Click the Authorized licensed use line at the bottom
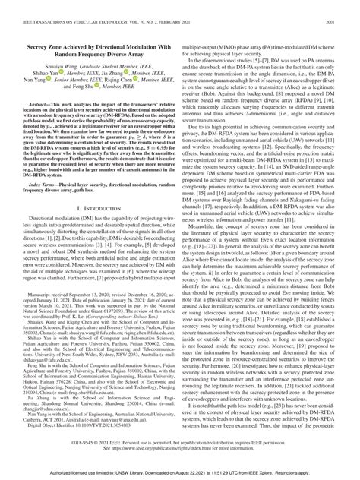[x=180, y=472]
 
